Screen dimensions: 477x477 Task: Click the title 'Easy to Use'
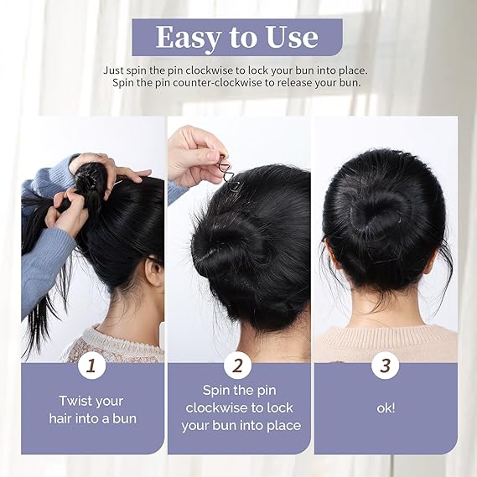237,38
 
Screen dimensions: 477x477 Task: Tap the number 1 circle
91,367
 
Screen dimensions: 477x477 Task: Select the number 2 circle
239,367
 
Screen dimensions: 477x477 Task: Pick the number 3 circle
386,367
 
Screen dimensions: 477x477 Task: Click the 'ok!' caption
386,408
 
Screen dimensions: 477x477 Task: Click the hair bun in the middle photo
226,243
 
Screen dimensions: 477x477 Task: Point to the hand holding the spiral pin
194,153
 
